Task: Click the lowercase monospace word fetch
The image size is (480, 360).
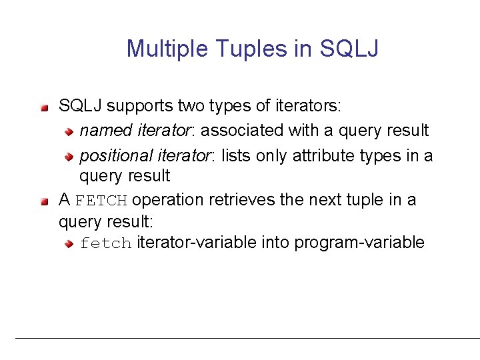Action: [106, 243]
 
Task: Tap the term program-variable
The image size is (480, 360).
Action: [359, 243]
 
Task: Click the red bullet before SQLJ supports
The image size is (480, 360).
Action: [45, 107]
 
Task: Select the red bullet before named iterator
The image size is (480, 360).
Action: [68, 131]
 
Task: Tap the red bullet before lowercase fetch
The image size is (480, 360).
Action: [68, 244]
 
